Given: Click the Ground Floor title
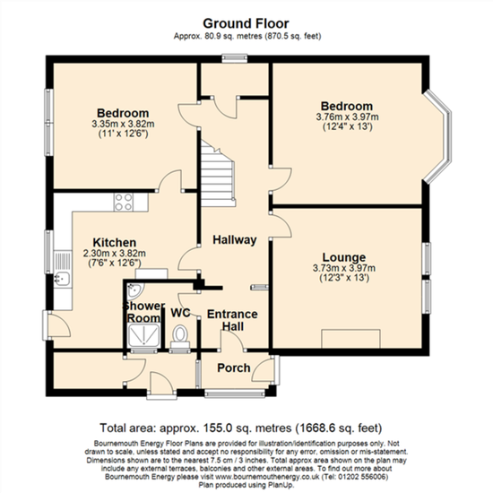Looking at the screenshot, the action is [x=246, y=23].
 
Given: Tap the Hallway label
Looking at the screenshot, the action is [x=235, y=240].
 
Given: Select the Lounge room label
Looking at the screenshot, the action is [x=344, y=257].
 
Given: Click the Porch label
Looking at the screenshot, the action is [x=234, y=368].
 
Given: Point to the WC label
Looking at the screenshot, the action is [x=180, y=313].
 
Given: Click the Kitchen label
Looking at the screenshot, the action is [x=115, y=242].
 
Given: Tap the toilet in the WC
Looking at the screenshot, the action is [x=180, y=336].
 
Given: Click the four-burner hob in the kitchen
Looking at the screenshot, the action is [x=124, y=202].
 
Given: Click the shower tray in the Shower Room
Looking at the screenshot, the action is [x=143, y=335].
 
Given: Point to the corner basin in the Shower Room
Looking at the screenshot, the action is [x=135, y=290].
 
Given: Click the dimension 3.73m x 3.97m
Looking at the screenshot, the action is [x=344, y=268].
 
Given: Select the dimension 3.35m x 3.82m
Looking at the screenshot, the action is [x=123, y=124].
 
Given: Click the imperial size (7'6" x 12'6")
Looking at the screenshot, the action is [x=115, y=263].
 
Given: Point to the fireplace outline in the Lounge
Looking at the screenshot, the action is [x=350, y=339].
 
